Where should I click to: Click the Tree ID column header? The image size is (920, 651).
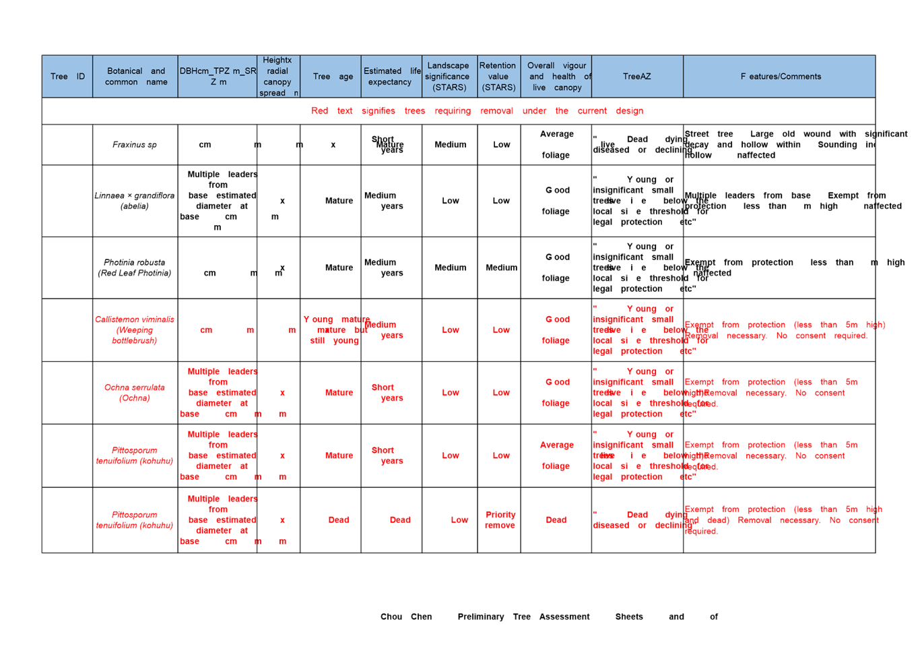(67, 77)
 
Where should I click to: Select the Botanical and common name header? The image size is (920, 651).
(135, 77)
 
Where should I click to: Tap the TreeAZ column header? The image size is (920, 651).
(636, 77)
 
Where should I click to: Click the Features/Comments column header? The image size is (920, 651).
(780, 77)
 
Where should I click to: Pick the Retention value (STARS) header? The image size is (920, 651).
(498, 77)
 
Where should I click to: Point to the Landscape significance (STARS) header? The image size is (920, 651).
(449, 77)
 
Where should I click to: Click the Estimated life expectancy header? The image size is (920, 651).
(391, 77)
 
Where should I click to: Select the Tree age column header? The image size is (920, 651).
(333, 77)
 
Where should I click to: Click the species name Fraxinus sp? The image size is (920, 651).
(135, 145)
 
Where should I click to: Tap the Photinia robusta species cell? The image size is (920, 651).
(135, 268)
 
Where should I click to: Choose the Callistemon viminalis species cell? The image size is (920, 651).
(135, 330)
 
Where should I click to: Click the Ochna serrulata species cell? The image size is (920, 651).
(135, 393)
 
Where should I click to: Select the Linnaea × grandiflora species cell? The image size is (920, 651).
(135, 201)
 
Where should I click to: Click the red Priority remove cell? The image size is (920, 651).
(500, 520)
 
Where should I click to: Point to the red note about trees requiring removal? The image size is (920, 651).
(478, 111)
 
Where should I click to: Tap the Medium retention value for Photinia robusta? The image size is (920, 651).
(501, 268)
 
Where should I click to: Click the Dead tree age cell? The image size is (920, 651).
(339, 520)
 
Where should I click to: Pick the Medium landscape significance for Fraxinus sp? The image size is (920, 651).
(451, 145)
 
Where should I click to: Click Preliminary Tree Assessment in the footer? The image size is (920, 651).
(523, 617)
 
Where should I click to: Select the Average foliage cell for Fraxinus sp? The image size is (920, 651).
(556, 145)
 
